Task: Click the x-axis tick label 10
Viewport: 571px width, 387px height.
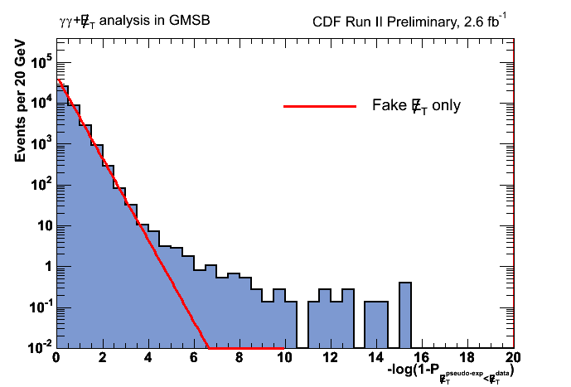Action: tap(284, 358)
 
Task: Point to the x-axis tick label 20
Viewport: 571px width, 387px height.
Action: tap(513, 358)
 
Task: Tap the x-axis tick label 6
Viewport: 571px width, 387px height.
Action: tap(193, 358)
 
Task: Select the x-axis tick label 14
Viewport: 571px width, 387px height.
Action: tap(375, 358)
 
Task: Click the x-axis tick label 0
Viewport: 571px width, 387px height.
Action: tap(56, 358)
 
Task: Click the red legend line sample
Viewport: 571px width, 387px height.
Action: tap(319, 107)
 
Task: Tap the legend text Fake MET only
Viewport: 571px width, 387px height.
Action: tap(416, 106)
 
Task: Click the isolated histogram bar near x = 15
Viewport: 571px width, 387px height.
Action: tap(405, 315)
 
